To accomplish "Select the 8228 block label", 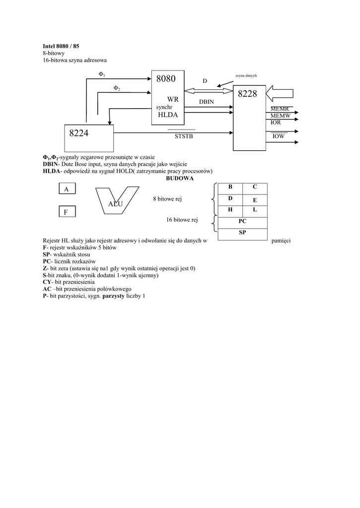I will click(x=247, y=94).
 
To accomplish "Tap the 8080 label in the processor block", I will click(x=166, y=79).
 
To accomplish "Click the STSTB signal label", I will click(x=183, y=136).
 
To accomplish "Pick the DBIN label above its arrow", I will click(x=206, y=101).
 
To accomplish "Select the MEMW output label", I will click(x=281, y=115).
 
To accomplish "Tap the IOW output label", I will click(x=278, y=136).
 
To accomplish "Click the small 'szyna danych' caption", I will click(x=246, y=75).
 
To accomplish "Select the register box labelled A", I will click(x=66, y=189).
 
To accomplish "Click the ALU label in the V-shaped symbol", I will click(x=115, y=204).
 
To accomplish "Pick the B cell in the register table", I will click(x=230, y=187).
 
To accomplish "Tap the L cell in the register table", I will click(x=254, y=210).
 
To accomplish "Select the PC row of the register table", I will click(x=242, y=222).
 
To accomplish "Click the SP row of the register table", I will click(x=242, y=233).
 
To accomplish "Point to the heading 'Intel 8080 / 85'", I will click(x=61, y=46).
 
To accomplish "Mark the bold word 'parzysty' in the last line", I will click(x=115, y=296).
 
